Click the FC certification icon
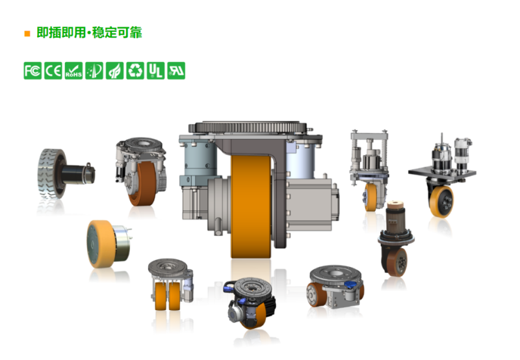[32, 71]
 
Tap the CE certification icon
[53, 71]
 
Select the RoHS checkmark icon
[73, 71]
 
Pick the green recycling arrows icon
[135, 71]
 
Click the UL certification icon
[155, 71]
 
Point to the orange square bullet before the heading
[27, 34]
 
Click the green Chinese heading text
[89, 32]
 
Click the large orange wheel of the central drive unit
[251, 206]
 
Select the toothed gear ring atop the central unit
[248, 127]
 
